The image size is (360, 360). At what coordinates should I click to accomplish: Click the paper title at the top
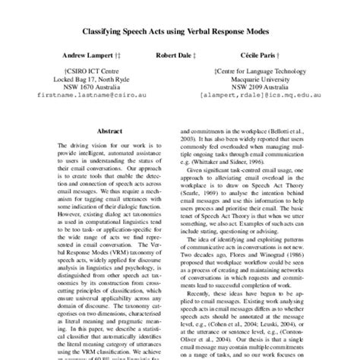tap(180, 33)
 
